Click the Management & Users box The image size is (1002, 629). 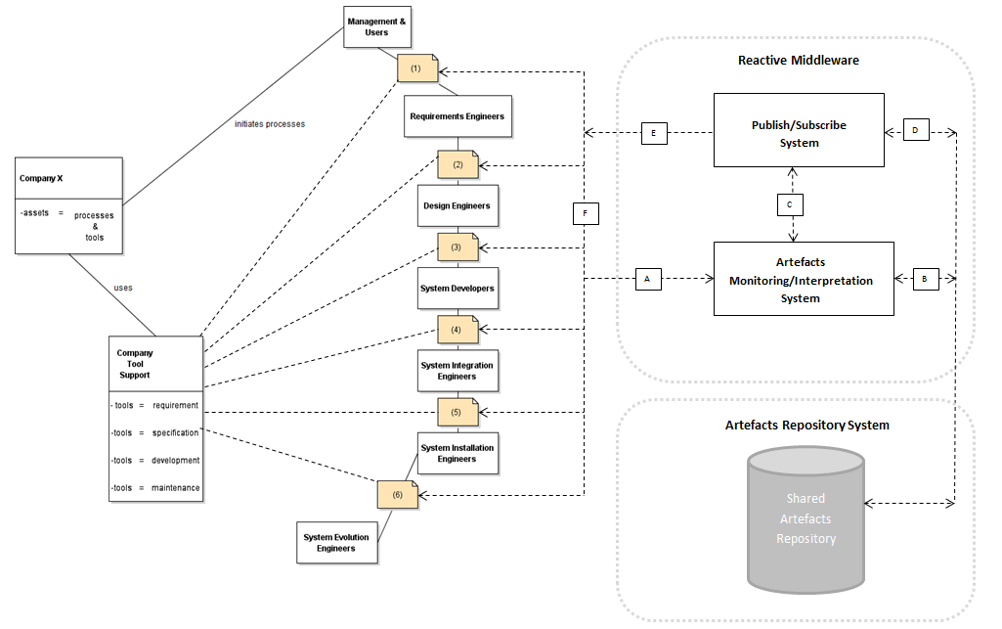coord(377,26)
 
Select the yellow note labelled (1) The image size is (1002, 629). coord(417,68)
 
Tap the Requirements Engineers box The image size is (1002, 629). coord(457,116)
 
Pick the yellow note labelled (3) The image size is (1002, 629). coord(457,247)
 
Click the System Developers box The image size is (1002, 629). coord(458,289)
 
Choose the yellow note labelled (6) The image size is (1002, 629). coord(398,495)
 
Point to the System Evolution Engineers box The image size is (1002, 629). coord(336,543)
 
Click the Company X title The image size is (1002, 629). coord(43,179)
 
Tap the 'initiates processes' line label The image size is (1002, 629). coord(270,124)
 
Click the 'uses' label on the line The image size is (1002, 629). coord(123,288)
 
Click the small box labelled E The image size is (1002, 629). coord(654,133)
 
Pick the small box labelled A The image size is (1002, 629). coord(647,279)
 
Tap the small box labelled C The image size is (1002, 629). coord(789,204)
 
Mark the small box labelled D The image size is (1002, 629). coord(915,131)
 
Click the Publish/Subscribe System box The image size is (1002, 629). coord(799,131)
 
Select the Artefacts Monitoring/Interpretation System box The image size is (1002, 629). coord(804,279)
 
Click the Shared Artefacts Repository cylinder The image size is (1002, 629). coord(806,518)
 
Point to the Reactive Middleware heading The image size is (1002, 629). coord(798,61)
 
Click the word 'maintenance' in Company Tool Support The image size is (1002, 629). coord(175,487)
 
